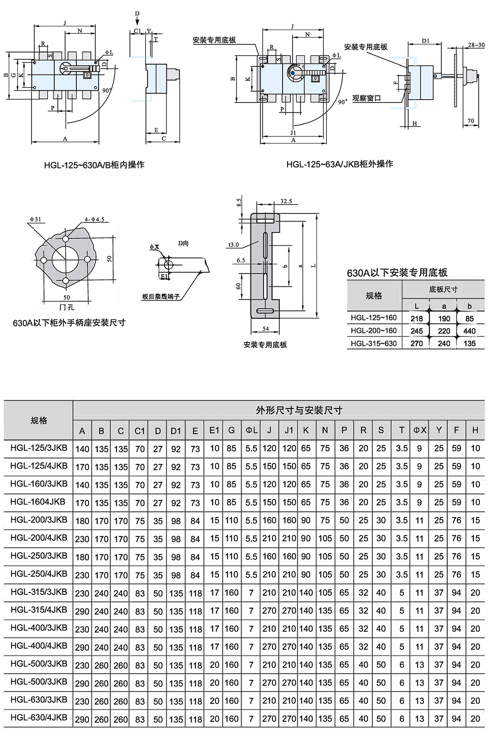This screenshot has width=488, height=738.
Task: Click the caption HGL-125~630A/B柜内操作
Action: (94, 165)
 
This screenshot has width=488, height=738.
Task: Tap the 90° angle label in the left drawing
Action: (107, 90)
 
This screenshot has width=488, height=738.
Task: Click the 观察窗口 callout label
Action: (366, 98)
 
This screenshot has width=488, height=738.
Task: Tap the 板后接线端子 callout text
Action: (161, 297)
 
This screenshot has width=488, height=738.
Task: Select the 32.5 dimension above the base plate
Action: (286, 201)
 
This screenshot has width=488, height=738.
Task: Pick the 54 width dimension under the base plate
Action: (266, 328)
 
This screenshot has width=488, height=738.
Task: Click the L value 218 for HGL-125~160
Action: (416, 319)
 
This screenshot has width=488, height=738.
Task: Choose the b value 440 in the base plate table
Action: (469, 331)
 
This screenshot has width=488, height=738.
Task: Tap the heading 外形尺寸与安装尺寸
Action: (299, 410)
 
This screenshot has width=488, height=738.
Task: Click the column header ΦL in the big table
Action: (251, 430)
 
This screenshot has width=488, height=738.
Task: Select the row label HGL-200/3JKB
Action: (39, 520)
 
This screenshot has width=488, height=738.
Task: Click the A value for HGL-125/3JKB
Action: (82, 449)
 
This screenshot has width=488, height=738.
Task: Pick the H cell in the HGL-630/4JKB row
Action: (475, 718)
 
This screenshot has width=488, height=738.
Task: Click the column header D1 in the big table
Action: (176, 430)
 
